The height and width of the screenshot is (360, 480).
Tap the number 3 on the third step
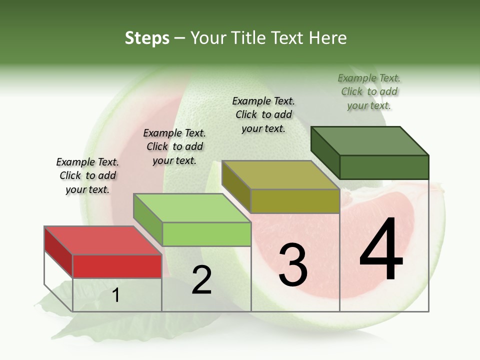(293, 265)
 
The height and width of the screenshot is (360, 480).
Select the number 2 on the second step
(201, 280)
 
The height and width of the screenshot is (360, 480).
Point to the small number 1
(116, 296)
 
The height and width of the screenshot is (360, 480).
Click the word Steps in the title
(147, 38)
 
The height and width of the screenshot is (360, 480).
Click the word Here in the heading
(328, 38)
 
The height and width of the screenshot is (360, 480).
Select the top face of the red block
(102, 240)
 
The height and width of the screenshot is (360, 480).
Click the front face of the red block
(117, 266)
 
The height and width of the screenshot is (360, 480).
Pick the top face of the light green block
(192, 208)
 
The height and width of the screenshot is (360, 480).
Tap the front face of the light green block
(206, 234)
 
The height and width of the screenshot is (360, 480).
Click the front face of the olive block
(295, 201)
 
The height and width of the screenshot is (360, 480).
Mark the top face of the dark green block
(370, 140)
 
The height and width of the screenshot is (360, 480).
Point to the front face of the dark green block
(384, 167)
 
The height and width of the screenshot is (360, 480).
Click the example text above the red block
(87, 175)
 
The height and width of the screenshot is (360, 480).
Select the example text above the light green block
(174, 146)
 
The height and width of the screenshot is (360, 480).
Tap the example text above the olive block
(263, 114)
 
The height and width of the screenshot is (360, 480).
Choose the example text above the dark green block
(369, 91)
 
